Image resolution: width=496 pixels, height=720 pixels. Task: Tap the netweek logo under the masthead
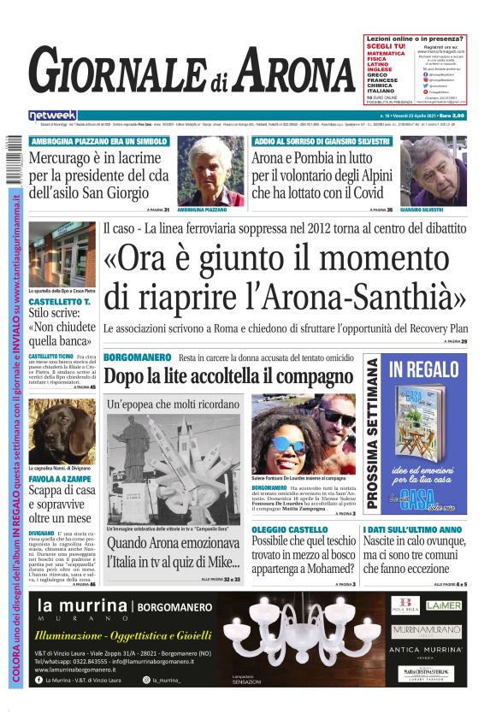tap(52, 115)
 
